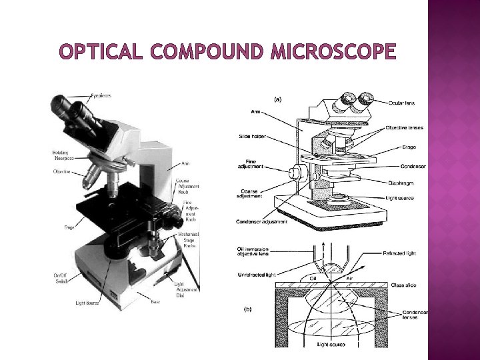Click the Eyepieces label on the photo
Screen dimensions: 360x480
coord(101,96)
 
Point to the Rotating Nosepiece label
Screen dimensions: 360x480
coord(63,155)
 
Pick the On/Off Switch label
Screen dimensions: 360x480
coord(61,277)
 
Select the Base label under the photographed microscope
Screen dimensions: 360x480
coord(155,301)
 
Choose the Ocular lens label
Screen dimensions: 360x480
coord(403,103)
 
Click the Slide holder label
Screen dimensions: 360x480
coord(253,137)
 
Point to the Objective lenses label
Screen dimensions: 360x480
coord(407,128)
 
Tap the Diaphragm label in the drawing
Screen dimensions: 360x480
coord(401,182)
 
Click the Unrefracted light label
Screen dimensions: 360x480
coord(257,275)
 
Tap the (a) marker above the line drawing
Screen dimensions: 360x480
coord(277,99)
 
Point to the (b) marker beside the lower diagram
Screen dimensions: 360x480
coord(248,309)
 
